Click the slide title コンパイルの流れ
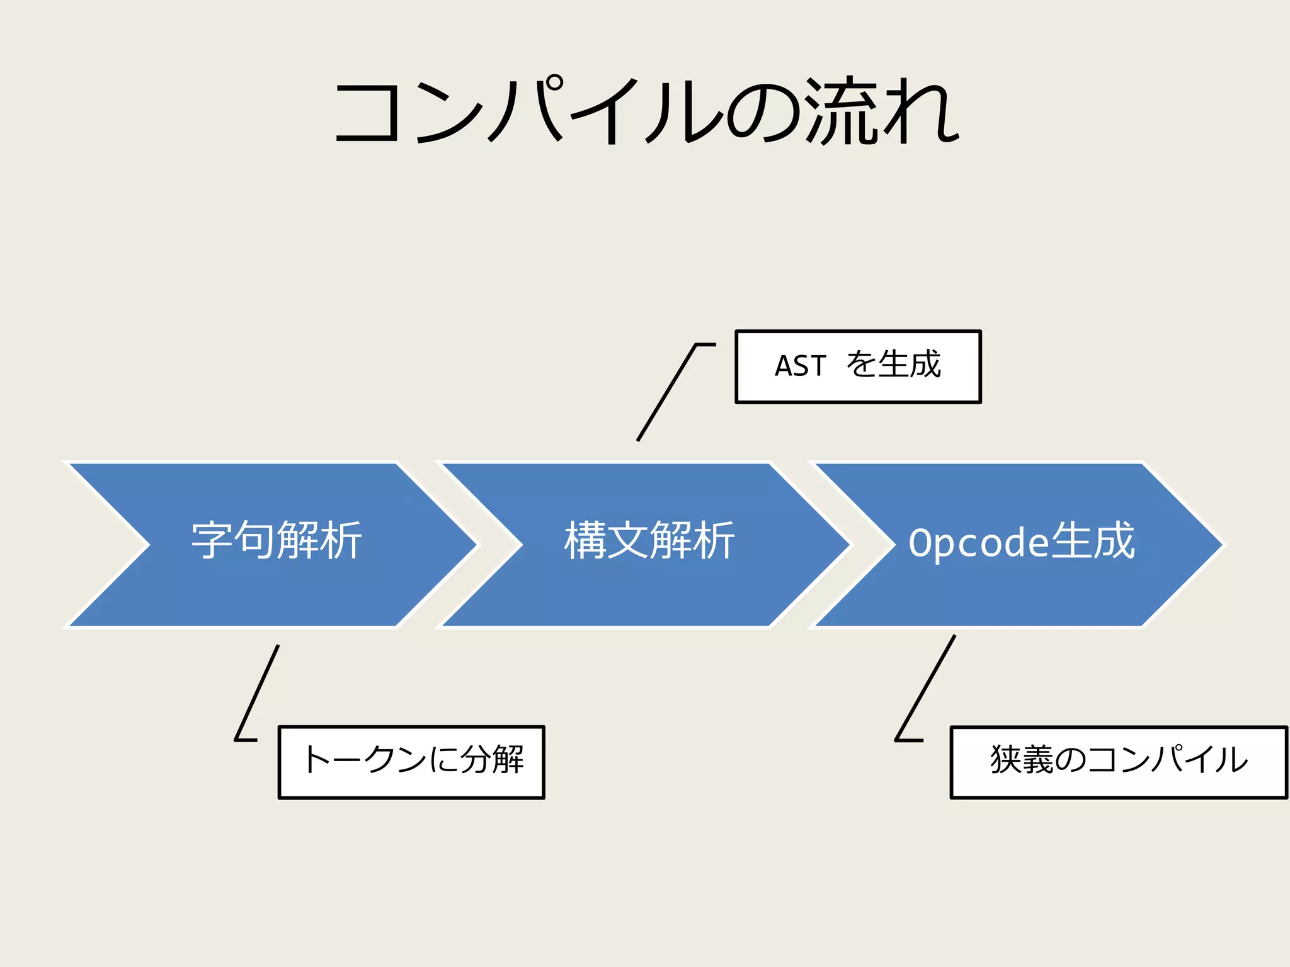(x=646, y=112)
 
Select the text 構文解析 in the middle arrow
(x=649, y=541)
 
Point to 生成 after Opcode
(x=1093, y=541)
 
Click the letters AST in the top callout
(x=800, y=366)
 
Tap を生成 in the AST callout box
(x=893, y=365)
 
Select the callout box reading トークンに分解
(x=411, y=762)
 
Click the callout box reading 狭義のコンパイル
(x=1118, y=762)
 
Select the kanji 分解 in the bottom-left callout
(x=492, y=759)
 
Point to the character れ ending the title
(x=922, y=112)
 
